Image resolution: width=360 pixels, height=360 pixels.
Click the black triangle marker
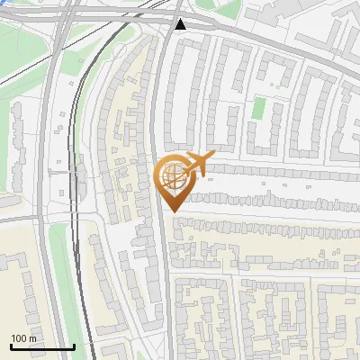pyautogui.click(x=181, y=24)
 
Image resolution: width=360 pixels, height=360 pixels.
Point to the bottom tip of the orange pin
pyautogui.click(x=171, y=211)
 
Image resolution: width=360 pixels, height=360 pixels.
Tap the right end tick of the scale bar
pyautogui.click(x=74, y=346)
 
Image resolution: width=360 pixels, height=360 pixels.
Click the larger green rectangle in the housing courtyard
pyautogui.click(x=258, y=108)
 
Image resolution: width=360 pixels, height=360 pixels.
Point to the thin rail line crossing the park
pyautogui.click(x=27, y=72)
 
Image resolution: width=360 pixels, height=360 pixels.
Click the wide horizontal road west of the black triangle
pyautogui.click(x=108, y=20)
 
